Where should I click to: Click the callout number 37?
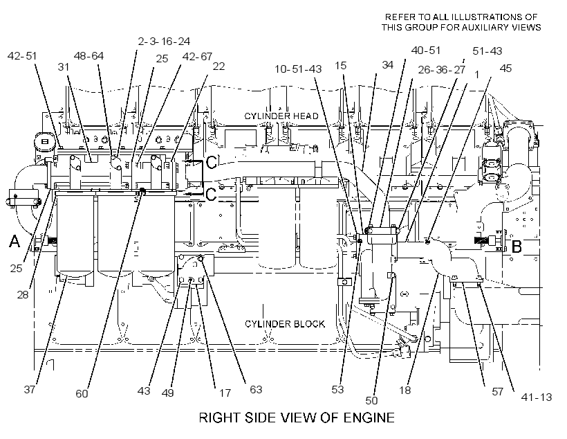click(29, 390)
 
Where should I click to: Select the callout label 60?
click(82, 393)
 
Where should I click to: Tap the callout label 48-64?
click(89, 56)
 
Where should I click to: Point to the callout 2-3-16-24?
click(164, 42)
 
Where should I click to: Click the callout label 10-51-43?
click(298, 69)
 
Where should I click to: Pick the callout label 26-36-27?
click(442, 69)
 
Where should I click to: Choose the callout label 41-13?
click(537, 397)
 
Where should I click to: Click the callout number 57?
click(498, 391)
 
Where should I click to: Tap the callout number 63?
click(256, 389)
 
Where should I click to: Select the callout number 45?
click(505, 69)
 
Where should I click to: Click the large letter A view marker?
click(14, 241)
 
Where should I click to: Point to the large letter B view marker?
click(517, 247)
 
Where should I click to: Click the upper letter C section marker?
click(211, 163)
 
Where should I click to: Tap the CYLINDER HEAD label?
click(281, 116)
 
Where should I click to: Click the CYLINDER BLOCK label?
click(285, 324)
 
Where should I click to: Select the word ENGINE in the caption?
click(369, 418)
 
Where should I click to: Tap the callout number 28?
click(22, 295)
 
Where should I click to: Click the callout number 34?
click(388, 65)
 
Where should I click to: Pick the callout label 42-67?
click(197, 57)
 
